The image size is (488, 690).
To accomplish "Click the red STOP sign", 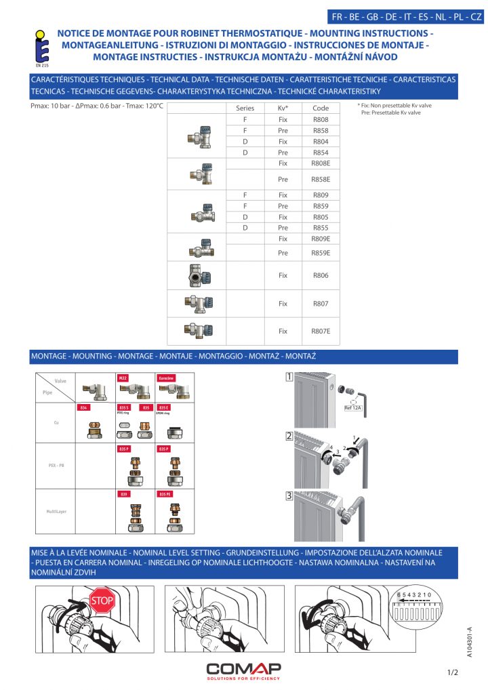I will tap(102, 600).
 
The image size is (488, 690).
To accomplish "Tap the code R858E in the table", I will tap(321, 180).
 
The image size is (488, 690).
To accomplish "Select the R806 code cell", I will tap(321, 276).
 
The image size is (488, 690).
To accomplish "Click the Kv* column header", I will tap(283, 108).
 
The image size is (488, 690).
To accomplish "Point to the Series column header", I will tap(245, 108).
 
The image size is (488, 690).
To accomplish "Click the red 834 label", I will tap(84, 407).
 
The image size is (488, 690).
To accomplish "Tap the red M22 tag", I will tap(123, 378).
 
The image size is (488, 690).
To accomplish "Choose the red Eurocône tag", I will tap(166, 378).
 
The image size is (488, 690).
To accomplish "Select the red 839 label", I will tap(123, 494).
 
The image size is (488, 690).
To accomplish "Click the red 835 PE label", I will tap(165, 494).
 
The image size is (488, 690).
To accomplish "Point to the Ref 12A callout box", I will tap(354, 407).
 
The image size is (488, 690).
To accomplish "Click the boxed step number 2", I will tap(289, 437).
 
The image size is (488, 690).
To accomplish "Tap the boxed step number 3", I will tap(289, 495).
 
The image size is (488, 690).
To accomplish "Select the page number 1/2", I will tap(453, 672).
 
